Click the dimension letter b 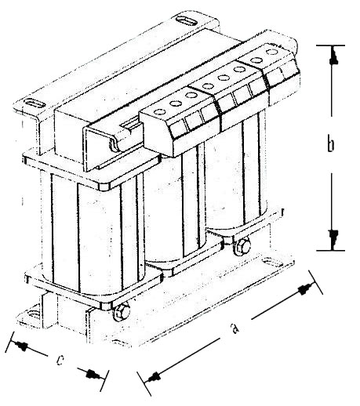click(x=331, y=144)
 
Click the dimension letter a click(x=235, y=328)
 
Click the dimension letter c click(x=60, y=360)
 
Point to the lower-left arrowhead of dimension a click(x=154, y=377)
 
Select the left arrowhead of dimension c click(x=21, y=346)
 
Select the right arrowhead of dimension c click(x=93, y=375)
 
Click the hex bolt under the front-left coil click(x=122, y=312)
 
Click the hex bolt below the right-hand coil click(x=242, y=246)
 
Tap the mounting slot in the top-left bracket click(x=35, y=103)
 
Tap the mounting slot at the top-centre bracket click(x=187, y=21)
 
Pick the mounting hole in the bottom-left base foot click(x=32, y=314)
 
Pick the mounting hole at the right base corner click(x=268, y=262)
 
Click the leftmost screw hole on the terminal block click(x=159, y=112)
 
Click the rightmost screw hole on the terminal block click(x=272, y=52)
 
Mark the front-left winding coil click(x=92, y=233)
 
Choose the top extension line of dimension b click(x=330, y=45)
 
